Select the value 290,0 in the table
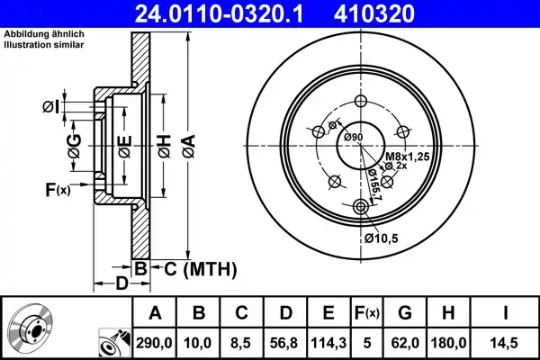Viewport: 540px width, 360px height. click(154, 343)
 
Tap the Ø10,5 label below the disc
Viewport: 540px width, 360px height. click(382, 238)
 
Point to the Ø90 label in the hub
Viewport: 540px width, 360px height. click(353, 137)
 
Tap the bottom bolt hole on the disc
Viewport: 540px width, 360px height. click(362, 207)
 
